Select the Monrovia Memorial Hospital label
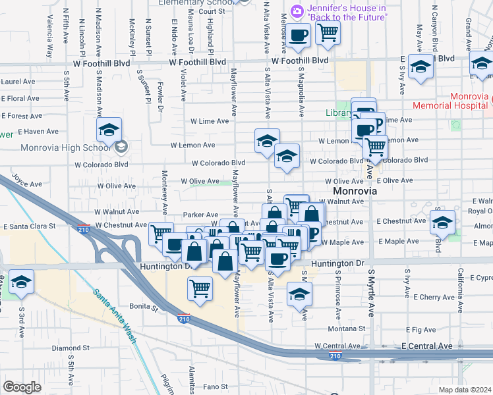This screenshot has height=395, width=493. coord(451,101)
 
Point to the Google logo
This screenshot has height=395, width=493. coord(22,387)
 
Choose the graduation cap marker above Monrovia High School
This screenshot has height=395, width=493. coord(109,130)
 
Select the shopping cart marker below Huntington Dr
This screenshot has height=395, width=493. coord(200,288)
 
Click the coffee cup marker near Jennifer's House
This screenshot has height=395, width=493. coord(299,34)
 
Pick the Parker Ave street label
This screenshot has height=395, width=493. coord(200,215)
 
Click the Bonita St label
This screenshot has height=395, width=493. coord(144,307)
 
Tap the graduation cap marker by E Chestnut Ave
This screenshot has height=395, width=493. coord(442,222)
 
